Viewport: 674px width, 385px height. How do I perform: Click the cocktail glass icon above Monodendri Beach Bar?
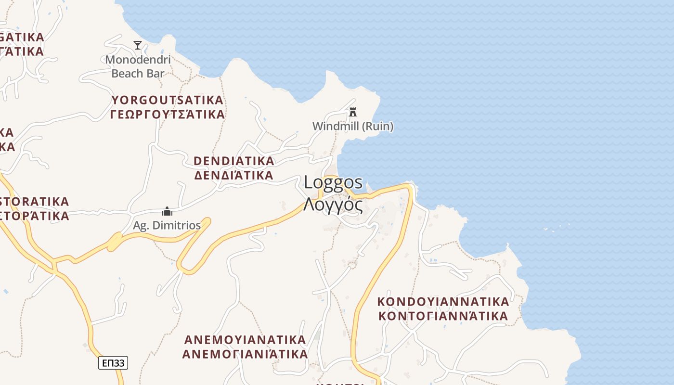[138, 45]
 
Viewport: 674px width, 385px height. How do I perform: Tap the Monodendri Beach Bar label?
[138, 66]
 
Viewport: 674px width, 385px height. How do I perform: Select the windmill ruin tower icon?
[353, 112]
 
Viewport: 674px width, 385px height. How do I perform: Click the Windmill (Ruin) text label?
[353, 126]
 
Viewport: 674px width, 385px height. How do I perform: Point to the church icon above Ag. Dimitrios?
[167, 211]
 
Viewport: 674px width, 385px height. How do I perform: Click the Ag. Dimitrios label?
[167, 225]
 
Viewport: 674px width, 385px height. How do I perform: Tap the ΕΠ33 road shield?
[113, 362]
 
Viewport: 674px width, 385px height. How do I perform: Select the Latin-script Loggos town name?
[333, 182]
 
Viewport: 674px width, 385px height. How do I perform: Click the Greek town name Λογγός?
[333, 205]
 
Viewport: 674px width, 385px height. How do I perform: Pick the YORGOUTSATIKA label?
[168, 100]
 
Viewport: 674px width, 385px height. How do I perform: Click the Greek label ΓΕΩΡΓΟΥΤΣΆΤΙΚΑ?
[168, 114]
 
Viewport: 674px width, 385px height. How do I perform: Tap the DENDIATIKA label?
[234, 161]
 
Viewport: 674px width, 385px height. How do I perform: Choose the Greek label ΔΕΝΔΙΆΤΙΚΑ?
[234, 175]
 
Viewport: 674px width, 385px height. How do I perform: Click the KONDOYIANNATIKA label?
[443, 302]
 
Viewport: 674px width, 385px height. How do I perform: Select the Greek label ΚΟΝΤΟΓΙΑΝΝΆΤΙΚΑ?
[443, 316]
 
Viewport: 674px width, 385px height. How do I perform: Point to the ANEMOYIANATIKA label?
[245, 340]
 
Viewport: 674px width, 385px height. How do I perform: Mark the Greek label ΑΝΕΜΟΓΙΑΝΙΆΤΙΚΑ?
[245, 354]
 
